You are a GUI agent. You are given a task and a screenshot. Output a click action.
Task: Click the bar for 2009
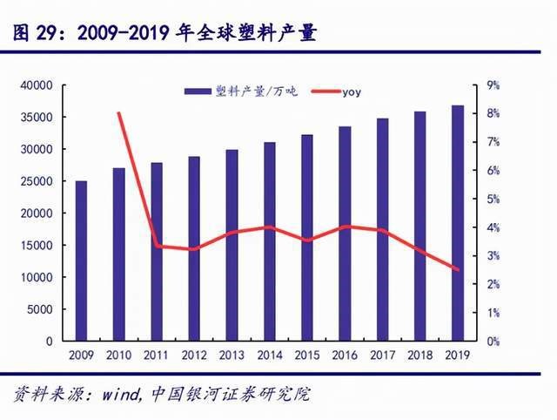(x=81, y=261)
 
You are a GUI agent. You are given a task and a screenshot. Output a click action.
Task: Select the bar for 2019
(x=457, y=223)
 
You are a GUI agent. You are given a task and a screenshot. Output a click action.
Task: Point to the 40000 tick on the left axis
(x=38, y=85)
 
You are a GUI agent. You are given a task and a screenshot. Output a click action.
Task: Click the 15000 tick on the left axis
(x=38, y=245)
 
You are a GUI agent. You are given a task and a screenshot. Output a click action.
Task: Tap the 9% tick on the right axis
(x=493, y=85)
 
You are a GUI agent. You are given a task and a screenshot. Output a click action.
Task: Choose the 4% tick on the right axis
(x=493, y=227)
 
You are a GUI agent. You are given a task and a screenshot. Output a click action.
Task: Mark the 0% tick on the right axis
(x=493, y=341)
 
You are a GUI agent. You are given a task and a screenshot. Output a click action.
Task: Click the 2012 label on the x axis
(x=193, y=356)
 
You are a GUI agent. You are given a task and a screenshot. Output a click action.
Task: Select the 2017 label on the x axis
(x=382, y=356)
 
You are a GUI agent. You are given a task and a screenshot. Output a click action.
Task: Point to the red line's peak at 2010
(x=118, y=113)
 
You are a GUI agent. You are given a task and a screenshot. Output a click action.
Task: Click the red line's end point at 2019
(x=457, y=269)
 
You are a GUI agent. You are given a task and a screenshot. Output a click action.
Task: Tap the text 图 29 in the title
(x=37, y=33)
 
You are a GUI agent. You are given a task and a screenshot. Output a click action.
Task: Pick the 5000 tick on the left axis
(x=41, y=309)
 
